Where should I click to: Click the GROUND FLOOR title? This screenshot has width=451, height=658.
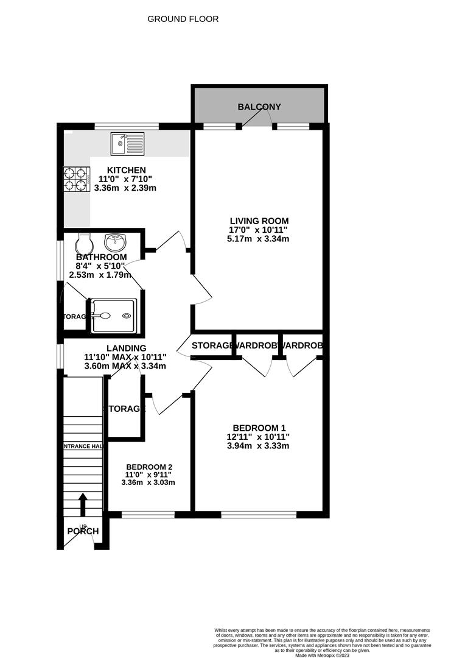(183, 19)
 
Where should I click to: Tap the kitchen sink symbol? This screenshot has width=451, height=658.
(127, 144)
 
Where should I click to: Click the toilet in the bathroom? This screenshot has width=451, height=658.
(84, 244)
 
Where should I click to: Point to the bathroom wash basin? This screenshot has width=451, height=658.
(114, 243)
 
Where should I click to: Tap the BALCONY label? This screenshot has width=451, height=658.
(259, 107)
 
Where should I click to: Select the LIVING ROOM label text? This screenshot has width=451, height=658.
(259, 221)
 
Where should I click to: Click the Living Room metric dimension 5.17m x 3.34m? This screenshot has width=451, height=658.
(259, 239)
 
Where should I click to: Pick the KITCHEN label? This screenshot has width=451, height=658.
(126, 170)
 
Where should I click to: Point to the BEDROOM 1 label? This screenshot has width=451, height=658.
(259, 428)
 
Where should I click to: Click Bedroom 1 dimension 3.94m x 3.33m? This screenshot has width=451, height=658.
(259, 446)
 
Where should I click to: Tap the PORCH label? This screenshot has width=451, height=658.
(83, 531)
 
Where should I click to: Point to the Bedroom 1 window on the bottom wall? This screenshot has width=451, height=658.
(259, 515)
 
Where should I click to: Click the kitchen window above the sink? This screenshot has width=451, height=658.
(127, 126)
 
